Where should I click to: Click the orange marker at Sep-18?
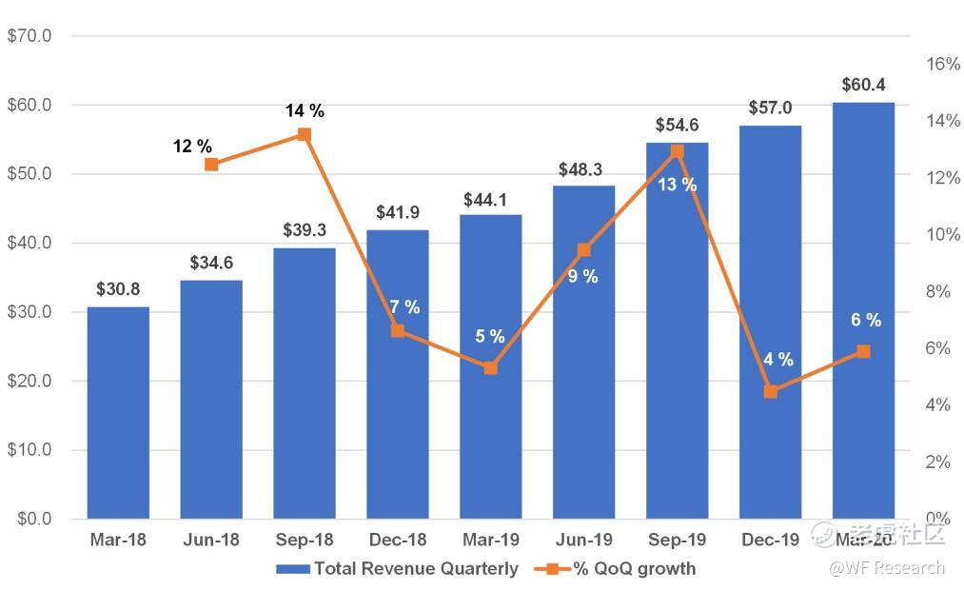click(x=305, y=134)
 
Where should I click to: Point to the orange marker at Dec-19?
click(x=771, y=391)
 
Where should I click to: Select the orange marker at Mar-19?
click(x=490, y=367)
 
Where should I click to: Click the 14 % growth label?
click(x=305, y=111)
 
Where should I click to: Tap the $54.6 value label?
click(x=677, y=126)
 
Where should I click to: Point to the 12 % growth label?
click(x=193, y=147)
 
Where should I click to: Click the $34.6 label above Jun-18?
click(x=211, y=263)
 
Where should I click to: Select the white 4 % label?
click(x=777, y=360)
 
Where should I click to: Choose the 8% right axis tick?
click(x=938, y=291)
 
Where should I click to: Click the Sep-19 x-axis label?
click(x=677, y=541)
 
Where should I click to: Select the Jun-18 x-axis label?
click(x=211, y=541)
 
